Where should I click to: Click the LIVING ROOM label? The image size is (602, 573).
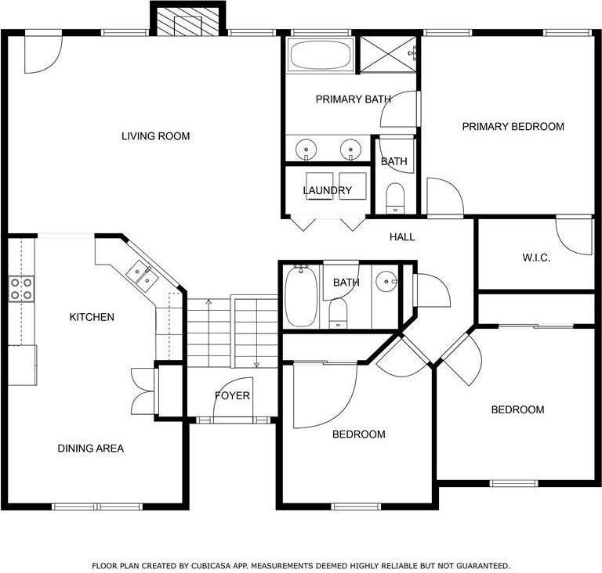point(155,136)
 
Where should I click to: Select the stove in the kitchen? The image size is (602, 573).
point(21,289)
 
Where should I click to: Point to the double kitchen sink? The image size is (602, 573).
point(143,275)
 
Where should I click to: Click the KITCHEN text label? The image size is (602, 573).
point(92,317)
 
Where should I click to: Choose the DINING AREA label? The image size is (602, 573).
point(90,449)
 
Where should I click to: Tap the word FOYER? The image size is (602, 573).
point(232,395)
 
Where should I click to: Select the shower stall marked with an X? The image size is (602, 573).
point(386,54)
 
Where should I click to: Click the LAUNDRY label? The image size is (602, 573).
point(328,190)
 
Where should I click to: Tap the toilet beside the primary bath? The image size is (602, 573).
point(394,197)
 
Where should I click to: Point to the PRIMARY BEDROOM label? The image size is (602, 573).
point(513,126)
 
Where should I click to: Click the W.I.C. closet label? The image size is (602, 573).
point(536,258)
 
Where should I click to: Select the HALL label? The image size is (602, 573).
point(402,237)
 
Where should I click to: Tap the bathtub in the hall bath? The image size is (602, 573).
point(300,297)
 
